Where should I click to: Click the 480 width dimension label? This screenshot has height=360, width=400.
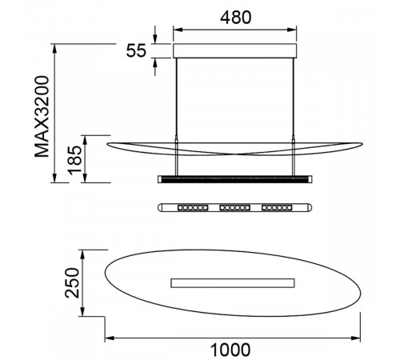tap(236, 18)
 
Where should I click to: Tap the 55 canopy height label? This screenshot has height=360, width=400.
tap(136, 50)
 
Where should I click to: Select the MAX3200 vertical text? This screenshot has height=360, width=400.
tap(42, 117)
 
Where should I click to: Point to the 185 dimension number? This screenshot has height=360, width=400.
tap(74, 160)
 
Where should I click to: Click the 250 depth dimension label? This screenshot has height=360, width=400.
tap(72, 283)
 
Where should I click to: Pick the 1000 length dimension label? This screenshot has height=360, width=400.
tap(230, 350)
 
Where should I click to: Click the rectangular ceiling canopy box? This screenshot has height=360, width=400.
tap(235, 51)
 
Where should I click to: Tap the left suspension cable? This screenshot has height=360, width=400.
tap(176, 116)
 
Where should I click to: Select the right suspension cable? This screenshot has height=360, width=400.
tap(294, 116)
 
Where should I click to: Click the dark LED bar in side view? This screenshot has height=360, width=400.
tap(235, 179)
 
